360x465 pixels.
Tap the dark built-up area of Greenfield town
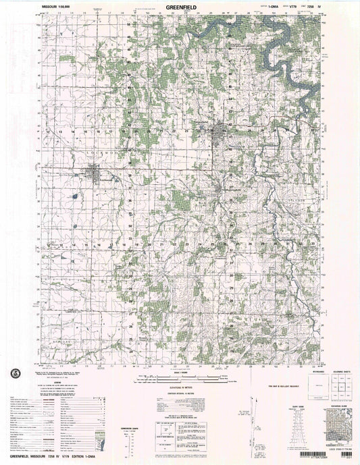coord(222,132)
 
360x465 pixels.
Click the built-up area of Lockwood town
coord(101,178)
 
